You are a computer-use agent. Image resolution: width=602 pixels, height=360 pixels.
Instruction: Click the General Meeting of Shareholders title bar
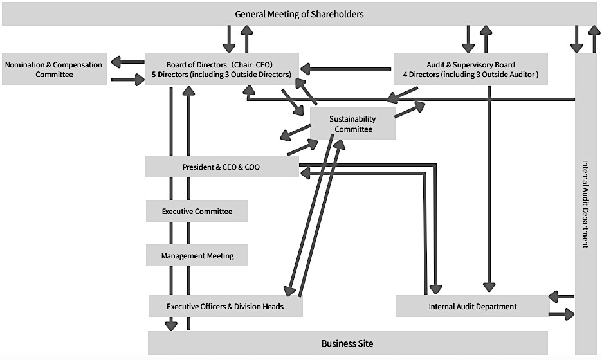tap(300, 14)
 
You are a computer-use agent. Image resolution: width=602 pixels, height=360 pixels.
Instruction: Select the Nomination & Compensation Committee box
tap(54, 69)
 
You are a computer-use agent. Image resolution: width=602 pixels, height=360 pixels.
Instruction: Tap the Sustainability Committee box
tap(352, 123)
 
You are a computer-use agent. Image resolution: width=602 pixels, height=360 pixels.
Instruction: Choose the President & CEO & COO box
tap(221, 167)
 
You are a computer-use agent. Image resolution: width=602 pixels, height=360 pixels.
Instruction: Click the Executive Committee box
tap(197, 211)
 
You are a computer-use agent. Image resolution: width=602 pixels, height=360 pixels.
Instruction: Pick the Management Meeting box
tap(197, 256)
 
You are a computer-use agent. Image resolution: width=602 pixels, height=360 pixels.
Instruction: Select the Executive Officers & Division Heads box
tap(225, 306)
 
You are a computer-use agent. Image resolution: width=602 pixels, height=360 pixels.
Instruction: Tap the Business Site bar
tap(347, 343)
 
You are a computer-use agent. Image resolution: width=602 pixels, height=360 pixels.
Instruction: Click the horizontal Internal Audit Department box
tap(472, 306)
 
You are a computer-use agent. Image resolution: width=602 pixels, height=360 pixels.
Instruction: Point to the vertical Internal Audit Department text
tap(585, 204)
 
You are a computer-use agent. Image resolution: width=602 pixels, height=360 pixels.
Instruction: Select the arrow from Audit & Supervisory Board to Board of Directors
tap(346, 69)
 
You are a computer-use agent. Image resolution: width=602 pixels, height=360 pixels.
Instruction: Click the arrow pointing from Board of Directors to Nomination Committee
tap(127, 62)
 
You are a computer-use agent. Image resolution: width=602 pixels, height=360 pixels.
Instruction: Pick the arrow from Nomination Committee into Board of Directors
tap(128, 80)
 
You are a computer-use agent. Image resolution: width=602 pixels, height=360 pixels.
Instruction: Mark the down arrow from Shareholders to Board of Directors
tap(229, 39)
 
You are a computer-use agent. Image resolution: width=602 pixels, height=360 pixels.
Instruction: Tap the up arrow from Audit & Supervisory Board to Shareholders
tap(486, 39)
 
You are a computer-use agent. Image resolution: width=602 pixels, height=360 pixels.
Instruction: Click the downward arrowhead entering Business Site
tap(171, 325)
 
